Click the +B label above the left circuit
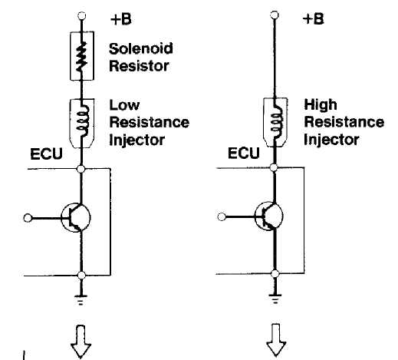point(121,19)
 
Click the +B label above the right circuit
point(313,19)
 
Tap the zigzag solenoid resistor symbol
point(82,56)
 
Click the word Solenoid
point(141,48)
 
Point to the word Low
point(124,105)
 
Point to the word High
point(321,104)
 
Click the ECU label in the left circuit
point(46,154)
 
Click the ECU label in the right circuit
point(244,154)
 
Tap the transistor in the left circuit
point(76,217)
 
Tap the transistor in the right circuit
point(269,216)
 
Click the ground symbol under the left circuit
point(81,300)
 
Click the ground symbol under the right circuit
point(275,299)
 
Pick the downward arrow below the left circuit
point(81,342)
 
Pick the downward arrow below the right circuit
point(276,341)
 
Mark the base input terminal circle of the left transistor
point(28,218)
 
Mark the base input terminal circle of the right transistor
point(222,217)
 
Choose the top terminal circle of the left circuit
point(81,16)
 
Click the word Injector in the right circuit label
point(331,140)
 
